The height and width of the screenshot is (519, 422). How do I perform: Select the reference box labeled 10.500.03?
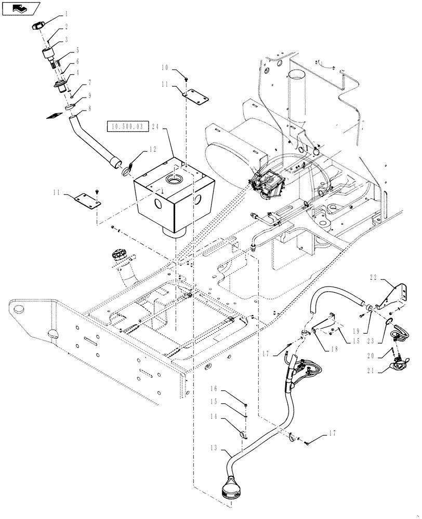pyautogui.click(x=128, y=126)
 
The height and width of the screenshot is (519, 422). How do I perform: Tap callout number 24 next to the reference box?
pyautogui.click(x=157, y=126)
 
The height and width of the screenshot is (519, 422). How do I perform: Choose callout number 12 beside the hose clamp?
pyautogui.click(x=152, y=149)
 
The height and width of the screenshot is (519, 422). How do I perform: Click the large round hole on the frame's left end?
pyautogui.click(x=19, y=309)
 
